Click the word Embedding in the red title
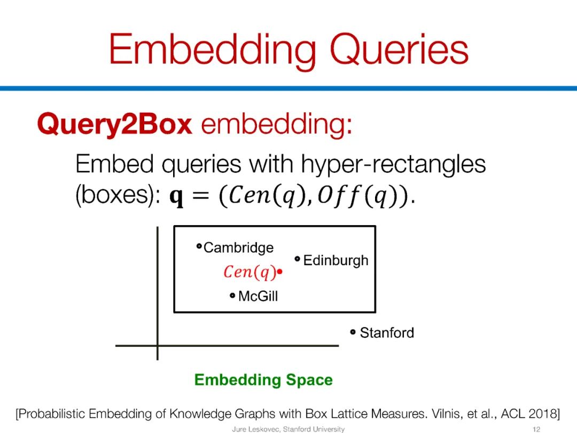pyautogui.click(x=211, y=50)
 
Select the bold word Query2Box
pyautogui.click(x=114, y=125)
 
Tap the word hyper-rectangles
pyautogui.click(x=393, y=164)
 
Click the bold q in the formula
pyautogui.click(x=176, y=198)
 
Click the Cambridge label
pyautogui.click(x=238, y=248)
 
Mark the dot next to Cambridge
pyautogui.click(x=199, y=246)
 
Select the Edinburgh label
pyautogui.click(x=336, y=260)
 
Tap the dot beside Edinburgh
pyautogui.click(x=298, y=259)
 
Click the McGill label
pyautogui.click(x=258, y=296)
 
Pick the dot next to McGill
pyautogui.click(x=232, y=295)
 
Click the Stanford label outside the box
pyautogui.click(x=387, y=333)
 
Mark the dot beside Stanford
pyautogui.click(x=353, y=332)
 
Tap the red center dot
pyautogui.click(x=279, y=272)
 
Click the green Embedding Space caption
pyautogui.click(x=263, y=380)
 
